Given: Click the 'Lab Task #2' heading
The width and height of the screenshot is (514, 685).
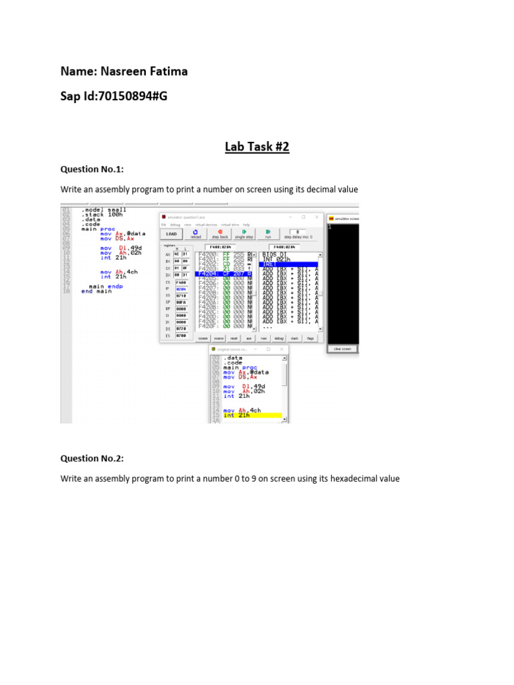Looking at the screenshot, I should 257,146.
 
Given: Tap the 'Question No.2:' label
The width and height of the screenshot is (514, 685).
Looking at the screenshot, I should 92,458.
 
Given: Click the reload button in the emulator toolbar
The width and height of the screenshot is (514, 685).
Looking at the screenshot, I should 195,233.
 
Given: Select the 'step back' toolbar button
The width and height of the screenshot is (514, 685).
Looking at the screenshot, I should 220,233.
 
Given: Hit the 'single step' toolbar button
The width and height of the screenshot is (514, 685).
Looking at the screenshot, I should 244,233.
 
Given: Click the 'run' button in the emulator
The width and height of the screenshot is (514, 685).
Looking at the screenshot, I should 268,233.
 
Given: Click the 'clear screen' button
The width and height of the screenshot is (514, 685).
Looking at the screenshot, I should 342,349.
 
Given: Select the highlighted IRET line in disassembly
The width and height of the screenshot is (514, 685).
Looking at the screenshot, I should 289,264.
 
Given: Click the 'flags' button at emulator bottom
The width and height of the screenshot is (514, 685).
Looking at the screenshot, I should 311,338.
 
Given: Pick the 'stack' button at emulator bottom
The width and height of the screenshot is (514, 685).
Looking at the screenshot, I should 294,338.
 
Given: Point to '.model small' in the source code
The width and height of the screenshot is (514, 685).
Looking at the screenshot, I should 104,209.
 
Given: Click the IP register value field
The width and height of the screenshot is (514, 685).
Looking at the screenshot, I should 181,289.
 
